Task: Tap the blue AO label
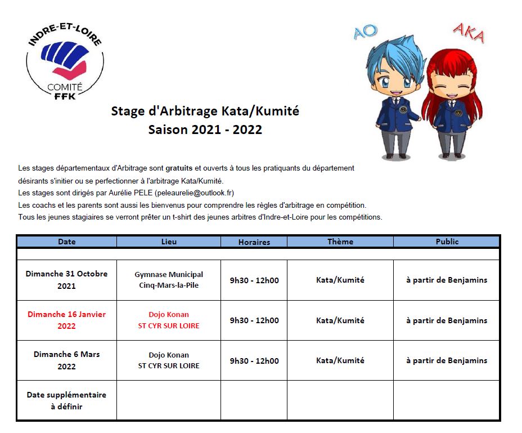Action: (x=366, y=33)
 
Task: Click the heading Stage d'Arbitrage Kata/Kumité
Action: (x=205, y=111)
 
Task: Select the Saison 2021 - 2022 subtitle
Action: (x=205, y=130)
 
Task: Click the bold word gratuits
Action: (x=179, y=168)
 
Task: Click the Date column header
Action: (x=66, y=242)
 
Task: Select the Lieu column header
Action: (x=169, y=242)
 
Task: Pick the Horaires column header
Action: (x=254, y=242)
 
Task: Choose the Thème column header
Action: (x=340, y=242)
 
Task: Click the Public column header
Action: (x=447, y=242)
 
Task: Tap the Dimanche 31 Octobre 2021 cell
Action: (x=66, y=280)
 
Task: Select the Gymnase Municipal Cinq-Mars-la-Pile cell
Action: (x=169, y=280)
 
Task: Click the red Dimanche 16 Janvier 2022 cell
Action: (x=66, y=320)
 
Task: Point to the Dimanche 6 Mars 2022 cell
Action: (x=66, y=360)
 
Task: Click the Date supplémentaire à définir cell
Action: (x=66, y=400)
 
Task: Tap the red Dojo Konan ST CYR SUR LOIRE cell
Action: (x=169, y=320)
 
